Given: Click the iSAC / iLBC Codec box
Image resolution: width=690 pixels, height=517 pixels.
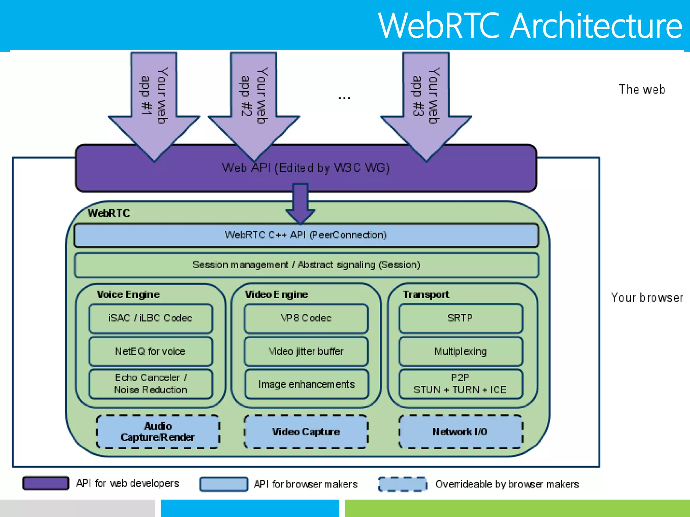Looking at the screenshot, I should tap(151, 318).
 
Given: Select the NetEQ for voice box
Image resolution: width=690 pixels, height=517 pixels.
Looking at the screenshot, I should tap(151, 352).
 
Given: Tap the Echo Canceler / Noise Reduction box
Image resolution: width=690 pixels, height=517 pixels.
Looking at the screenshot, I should tap(151, 384).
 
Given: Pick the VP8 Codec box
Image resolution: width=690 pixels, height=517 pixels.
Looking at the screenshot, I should tap(306, 318).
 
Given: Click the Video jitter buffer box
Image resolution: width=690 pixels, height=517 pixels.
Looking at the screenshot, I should tap(306, 352).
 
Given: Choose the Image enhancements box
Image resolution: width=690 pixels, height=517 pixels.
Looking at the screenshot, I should tap(306, 384).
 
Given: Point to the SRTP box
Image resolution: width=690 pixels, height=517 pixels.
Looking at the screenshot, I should tap(460, 318).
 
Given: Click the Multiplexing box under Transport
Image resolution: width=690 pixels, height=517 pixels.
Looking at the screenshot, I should tap(460, 352).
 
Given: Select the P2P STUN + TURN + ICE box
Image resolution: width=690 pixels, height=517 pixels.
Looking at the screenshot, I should tap(460, 384).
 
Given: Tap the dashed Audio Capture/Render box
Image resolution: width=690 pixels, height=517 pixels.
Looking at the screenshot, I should tap(158, 432).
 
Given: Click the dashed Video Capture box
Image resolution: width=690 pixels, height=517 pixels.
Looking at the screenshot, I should tap(306, 432).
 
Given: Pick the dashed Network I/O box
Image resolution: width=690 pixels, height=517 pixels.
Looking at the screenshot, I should tap(460, 432).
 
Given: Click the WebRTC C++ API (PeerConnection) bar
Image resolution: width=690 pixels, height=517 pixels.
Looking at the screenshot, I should tap(306, 235).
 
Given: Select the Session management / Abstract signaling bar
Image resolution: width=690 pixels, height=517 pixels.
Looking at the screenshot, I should tap(306, 265).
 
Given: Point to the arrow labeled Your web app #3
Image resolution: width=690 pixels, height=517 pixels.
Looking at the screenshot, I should tap(426, 101).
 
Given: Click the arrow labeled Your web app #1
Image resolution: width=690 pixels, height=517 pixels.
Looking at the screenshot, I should tap(154, 101).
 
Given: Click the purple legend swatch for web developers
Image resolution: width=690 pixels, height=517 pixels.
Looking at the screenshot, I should tap(46, 483).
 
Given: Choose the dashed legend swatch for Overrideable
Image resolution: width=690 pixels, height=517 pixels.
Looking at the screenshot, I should tap(402, 484).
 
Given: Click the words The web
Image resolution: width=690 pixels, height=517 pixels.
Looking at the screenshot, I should tap(641, 90).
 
